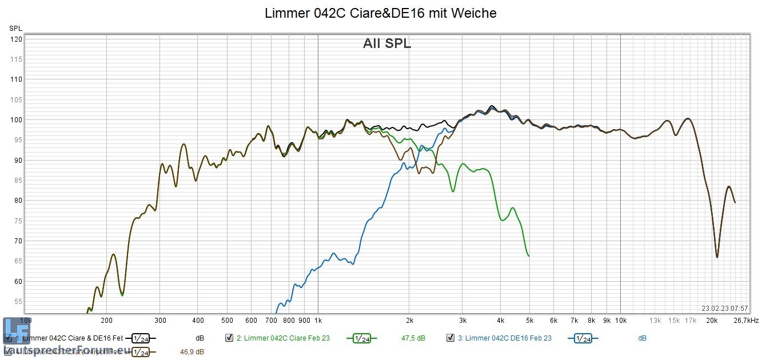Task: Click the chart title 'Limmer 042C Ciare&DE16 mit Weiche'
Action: (380, 13)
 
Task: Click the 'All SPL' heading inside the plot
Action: (387, 43)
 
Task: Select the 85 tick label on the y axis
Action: (18, 181)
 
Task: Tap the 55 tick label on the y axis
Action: (18, 301)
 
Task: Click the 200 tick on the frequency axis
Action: (106, 321)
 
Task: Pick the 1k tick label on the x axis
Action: (318, 321)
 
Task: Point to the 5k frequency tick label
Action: (529, 321)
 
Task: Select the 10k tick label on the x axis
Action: (620, 321)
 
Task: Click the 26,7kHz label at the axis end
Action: (745, 321)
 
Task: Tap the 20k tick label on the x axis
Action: (712, 321)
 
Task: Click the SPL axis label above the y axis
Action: (15, 28)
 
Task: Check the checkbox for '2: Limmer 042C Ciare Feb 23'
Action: (229, 338)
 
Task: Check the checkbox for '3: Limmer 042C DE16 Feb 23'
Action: (450, 338)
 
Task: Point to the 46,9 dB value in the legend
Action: (192, 352)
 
